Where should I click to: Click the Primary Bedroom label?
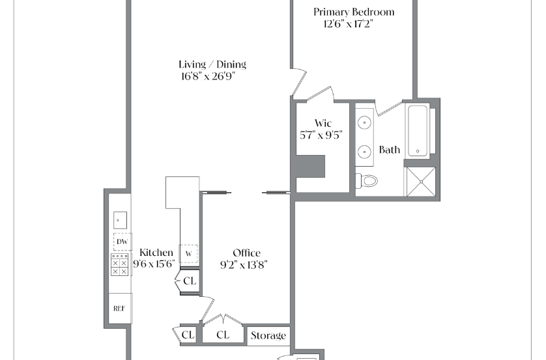point(354,12)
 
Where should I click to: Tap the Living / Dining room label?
point(212,64)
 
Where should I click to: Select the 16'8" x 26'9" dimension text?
point(208,76)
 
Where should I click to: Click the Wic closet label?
point(323,123)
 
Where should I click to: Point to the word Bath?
point(390,150)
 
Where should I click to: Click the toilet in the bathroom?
point(367,181)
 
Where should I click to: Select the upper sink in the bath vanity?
point(364,122)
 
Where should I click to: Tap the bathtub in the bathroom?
point(418,131)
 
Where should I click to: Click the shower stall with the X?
point(421,182)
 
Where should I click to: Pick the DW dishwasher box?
point(122,242)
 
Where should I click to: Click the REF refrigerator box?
point(120,308)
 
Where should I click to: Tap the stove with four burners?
point(120,265)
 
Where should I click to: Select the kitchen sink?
point(120,220)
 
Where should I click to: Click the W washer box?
point(188,254)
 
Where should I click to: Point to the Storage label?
point(268,336)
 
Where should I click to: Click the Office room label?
point(246,253)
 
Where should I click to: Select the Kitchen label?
point(156,253)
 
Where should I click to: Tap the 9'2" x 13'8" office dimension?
point(244,265)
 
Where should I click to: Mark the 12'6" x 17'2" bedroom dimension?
point(348,24)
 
